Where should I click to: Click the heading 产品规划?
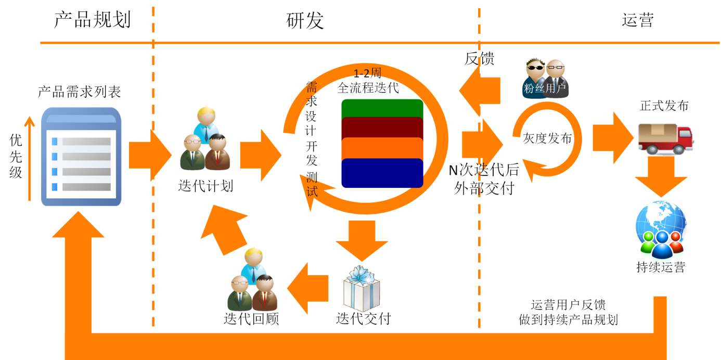point(92,20)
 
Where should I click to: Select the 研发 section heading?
point(305,20)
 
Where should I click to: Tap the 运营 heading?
point(637,20)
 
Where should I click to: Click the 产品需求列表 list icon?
point(81,156)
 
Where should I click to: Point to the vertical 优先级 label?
point(16,156)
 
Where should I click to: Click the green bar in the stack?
point(382,108)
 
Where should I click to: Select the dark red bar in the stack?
point(382,127)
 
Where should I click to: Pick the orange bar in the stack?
point(382,148)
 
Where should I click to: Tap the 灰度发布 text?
point(547,138)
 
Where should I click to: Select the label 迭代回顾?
point(251,318)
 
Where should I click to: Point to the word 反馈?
point(479,59)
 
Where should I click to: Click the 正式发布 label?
point(664,106)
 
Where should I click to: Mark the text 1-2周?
point(367,73)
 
